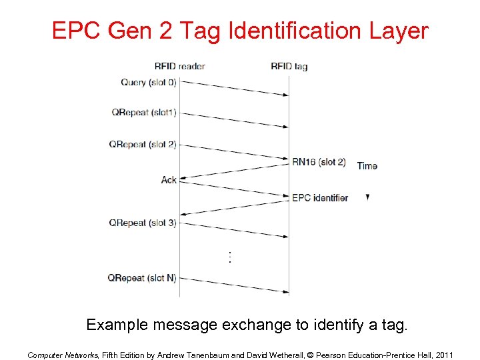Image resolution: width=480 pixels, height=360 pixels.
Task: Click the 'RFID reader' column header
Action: click(179, 66)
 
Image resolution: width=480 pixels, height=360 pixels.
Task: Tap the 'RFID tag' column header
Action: click(289, 66)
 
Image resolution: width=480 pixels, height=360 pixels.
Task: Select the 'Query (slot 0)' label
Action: click(149, 83)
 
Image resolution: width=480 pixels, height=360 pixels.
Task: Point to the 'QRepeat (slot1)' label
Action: click(144, 113)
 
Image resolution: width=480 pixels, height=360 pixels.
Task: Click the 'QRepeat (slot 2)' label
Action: click(143, 145)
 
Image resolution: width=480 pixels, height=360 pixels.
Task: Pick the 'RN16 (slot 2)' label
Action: click(319, 161)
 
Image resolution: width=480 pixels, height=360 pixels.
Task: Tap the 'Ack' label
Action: click(169, 179)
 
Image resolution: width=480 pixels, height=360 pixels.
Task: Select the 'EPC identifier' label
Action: click(320, 197)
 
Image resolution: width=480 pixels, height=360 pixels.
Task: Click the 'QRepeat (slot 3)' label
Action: click(143, 223)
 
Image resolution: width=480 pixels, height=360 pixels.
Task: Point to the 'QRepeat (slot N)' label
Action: click(142, 277)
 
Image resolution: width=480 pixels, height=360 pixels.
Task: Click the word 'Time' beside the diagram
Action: click(367, 165)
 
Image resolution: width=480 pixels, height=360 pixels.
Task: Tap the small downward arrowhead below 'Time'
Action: click(367, 197)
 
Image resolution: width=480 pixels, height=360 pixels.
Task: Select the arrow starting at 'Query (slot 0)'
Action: click(234, 88)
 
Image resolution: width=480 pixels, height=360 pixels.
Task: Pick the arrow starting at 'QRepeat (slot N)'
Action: click(234, 285)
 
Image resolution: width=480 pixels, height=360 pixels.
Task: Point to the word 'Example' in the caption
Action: click(118, 325)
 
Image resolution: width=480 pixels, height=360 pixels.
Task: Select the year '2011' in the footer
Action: click(442, 355)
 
